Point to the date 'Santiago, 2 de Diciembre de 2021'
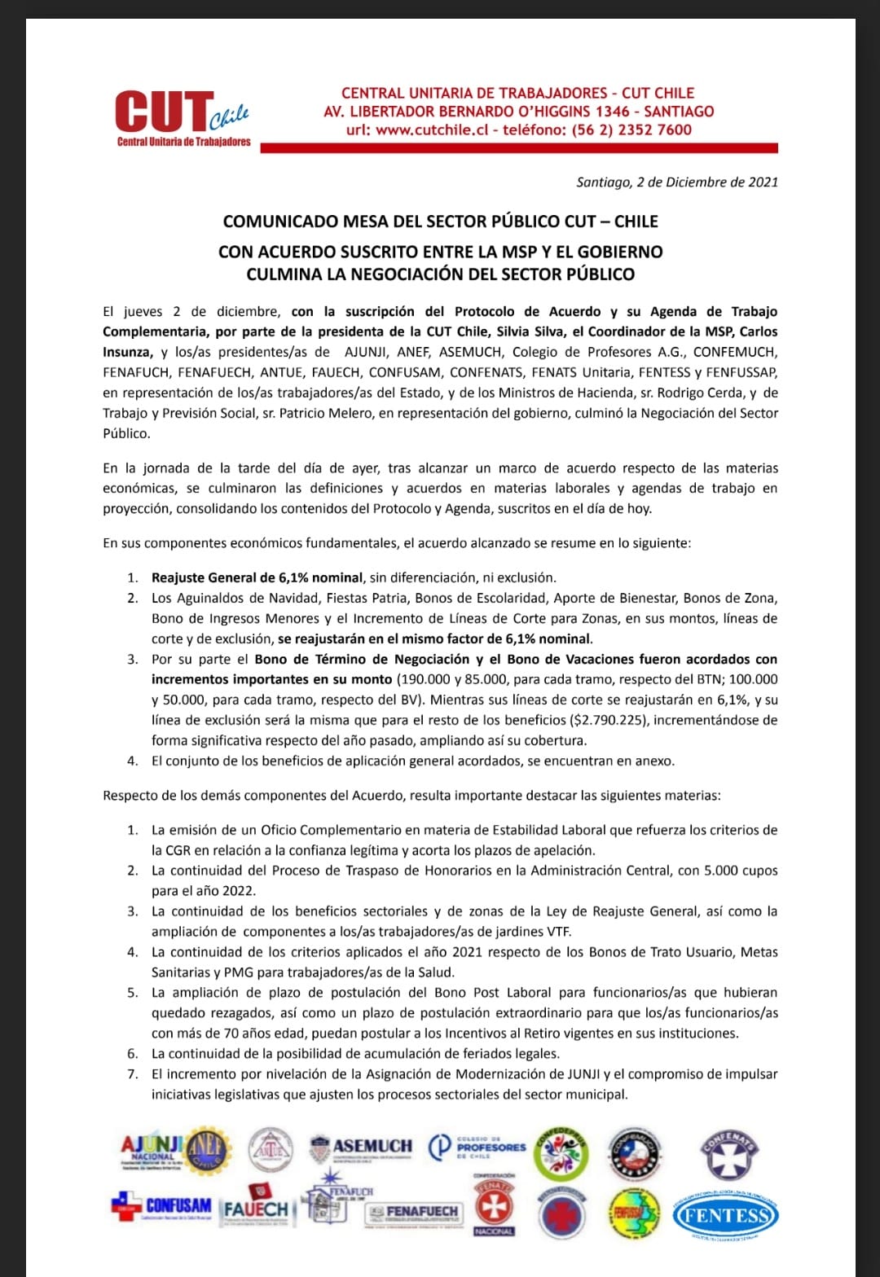(x=677, y=182)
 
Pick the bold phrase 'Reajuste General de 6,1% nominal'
(x=257, y=577)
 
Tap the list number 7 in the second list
(x=133, y=1074)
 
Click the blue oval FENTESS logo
(x=725, y=1216)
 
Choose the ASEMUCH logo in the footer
(x=362, y=1147)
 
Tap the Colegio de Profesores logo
(x=478, y=1147)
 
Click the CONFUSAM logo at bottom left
(x=161, y=1206)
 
